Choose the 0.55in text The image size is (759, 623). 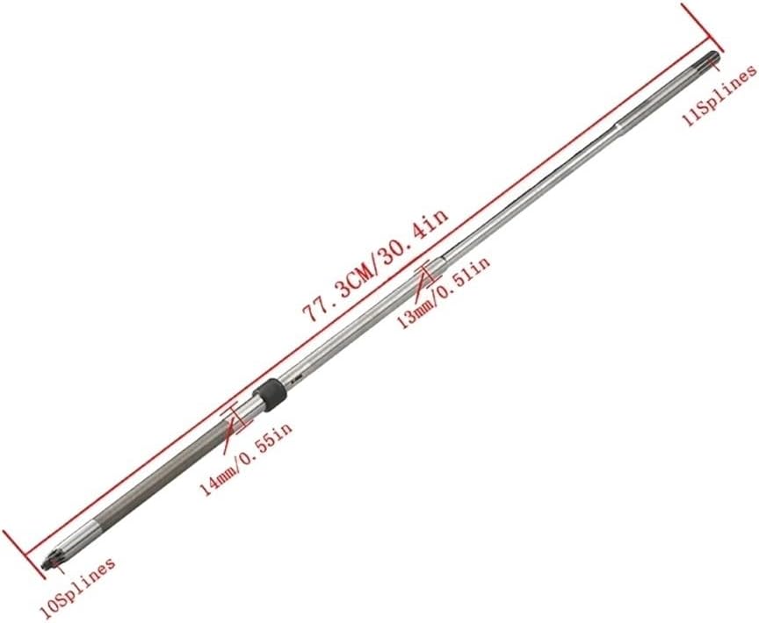point(269,441)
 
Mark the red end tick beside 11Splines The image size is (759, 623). point(702,27)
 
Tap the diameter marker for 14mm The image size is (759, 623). point(235,422)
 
